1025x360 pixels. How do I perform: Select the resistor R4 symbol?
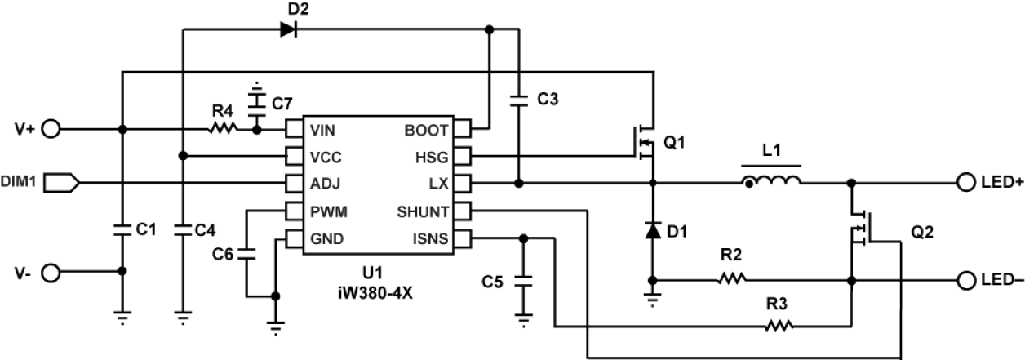click(x=223, y=128)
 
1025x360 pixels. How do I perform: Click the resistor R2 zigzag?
click(x=732, y=280)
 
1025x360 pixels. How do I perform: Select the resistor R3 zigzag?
click(x=779, y=327)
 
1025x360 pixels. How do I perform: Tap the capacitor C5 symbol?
click(x=523, y=282)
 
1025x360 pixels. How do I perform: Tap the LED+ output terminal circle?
click(x=966, y=183)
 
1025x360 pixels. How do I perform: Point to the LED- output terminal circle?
click(x=966, y=280)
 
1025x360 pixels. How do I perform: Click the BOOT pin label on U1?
click(x=426, y=130)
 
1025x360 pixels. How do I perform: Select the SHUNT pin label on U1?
click(x=422, y=211)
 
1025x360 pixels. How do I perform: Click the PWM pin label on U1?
click(x=329, y=211)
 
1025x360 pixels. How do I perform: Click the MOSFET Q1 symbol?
click(x=646, y=144)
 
